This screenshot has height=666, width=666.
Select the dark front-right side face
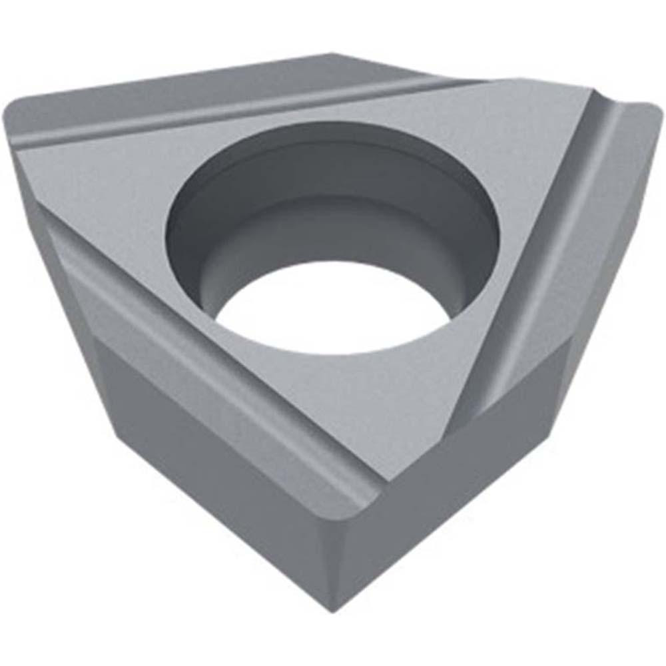tap(480, 466)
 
